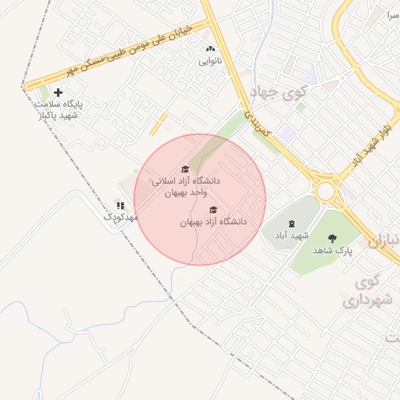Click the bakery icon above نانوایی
pos(209,48)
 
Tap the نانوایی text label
pos(209,60)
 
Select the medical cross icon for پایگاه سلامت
pos(58,93)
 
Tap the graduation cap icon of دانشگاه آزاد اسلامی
pos(185,169)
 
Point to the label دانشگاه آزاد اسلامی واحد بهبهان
pos(187,186)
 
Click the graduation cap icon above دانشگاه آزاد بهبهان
pos(213,209)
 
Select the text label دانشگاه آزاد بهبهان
pos(213,222)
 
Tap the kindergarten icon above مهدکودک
pos(120,205)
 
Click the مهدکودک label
pos(120,216)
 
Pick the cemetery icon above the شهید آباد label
pos(292,224)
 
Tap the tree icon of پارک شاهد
pos(334,239)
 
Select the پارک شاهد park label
pos(334,252)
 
